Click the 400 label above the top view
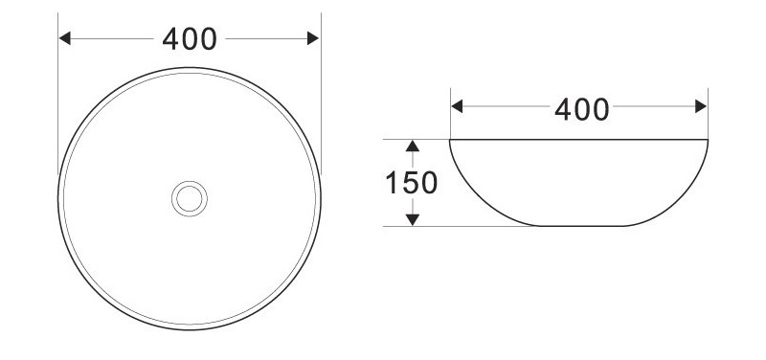(x=190, y=39)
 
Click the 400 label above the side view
(x=582, y=109)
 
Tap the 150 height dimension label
(x=412, y=183)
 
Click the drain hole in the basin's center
(x=190, y=199)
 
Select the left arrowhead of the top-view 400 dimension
(x=65, y=38)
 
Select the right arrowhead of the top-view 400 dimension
(x=313, y=38)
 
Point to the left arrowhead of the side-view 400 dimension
(x=457, y=106)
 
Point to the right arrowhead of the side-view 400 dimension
(x=701, y=106)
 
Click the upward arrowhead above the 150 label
(x=413, y=146)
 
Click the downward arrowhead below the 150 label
(x=413, y=220)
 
